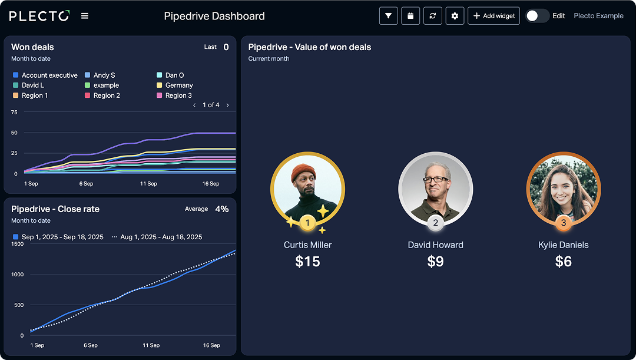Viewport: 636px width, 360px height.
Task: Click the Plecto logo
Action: (x=39, y=16)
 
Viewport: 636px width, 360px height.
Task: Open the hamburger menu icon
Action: (x=85, y=16)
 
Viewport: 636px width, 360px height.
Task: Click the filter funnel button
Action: (x=389, y=16)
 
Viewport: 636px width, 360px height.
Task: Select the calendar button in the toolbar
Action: (x=410, y=16)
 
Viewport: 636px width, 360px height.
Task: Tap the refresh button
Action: (x=433, y=16)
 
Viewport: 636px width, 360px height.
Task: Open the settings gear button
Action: (x=455, y=16)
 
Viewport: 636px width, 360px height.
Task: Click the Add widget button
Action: (x=493, y=16)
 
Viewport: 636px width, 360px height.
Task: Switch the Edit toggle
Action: (x=536, y=16)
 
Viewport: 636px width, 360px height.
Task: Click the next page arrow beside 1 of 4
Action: (x=228, y=105)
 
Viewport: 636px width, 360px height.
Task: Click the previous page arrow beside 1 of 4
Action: (x=195, y=105)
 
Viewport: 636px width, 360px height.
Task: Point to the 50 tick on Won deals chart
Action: (x=14, y=133)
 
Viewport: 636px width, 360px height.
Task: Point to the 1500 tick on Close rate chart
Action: (x=18, y=244)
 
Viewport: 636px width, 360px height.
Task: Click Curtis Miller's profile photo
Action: (x=307, y=189)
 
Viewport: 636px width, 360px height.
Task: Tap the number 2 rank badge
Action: (x=435, y=223)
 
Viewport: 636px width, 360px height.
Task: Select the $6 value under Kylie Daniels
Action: (x=563, y=262)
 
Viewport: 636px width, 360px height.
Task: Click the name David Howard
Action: (x=435, y=245)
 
